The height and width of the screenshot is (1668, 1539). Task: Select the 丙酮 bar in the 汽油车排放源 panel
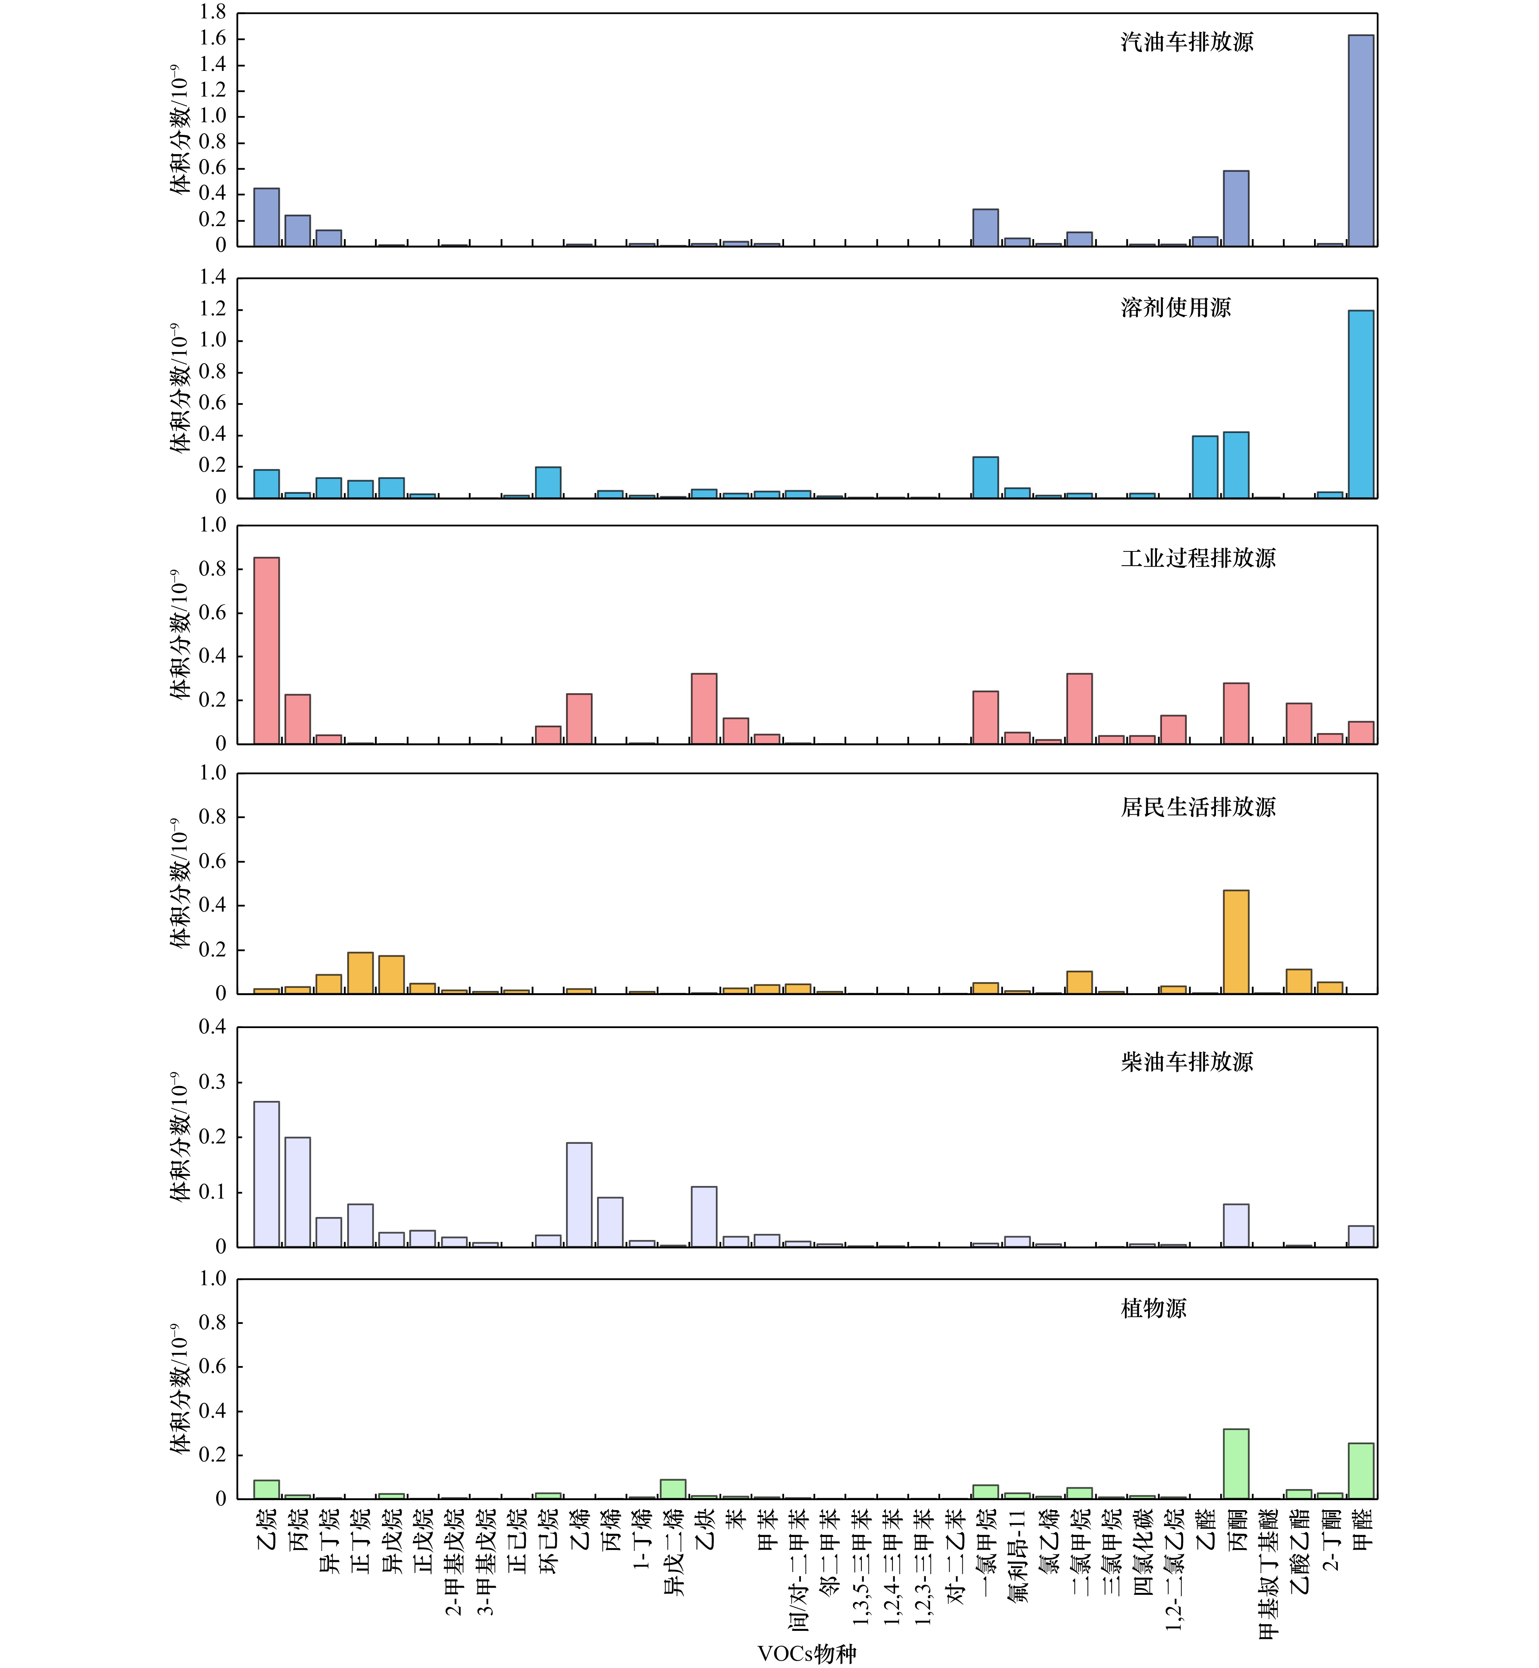click(x=1236, y=208)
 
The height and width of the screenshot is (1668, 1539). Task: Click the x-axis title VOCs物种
click(x=806, y=1653)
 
